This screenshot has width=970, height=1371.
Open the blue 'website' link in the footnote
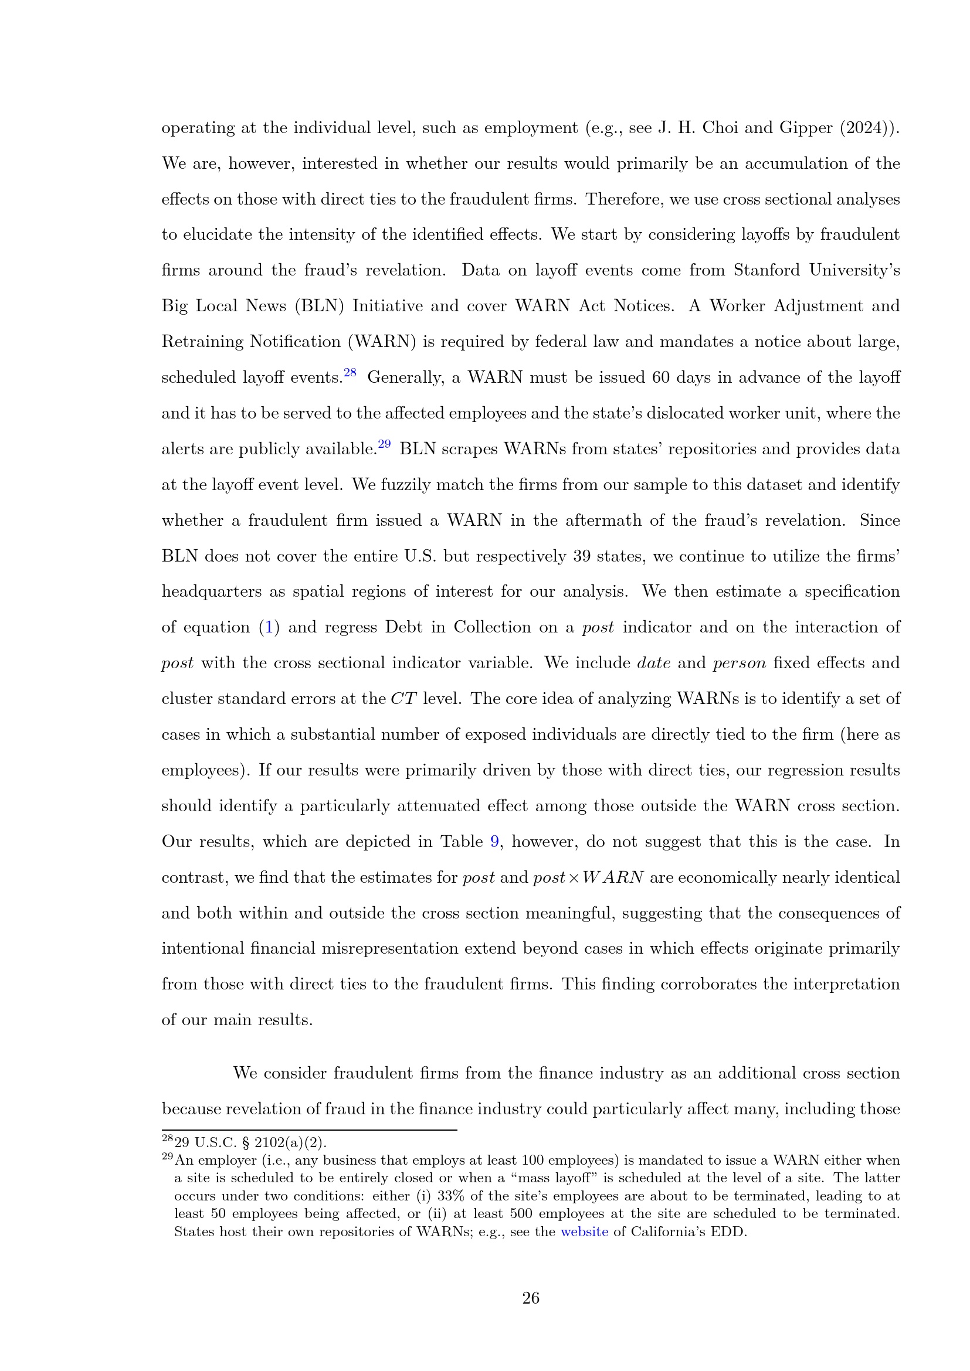(x=584, y=1232)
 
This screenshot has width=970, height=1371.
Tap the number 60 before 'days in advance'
(x=660, y=378)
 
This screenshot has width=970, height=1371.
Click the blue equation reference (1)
(x=269, y=628)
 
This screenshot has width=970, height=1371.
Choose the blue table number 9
(x=494, y=842)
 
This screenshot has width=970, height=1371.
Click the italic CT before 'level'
(x=403, y=699)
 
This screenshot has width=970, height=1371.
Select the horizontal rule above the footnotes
(x=309, y=1130)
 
